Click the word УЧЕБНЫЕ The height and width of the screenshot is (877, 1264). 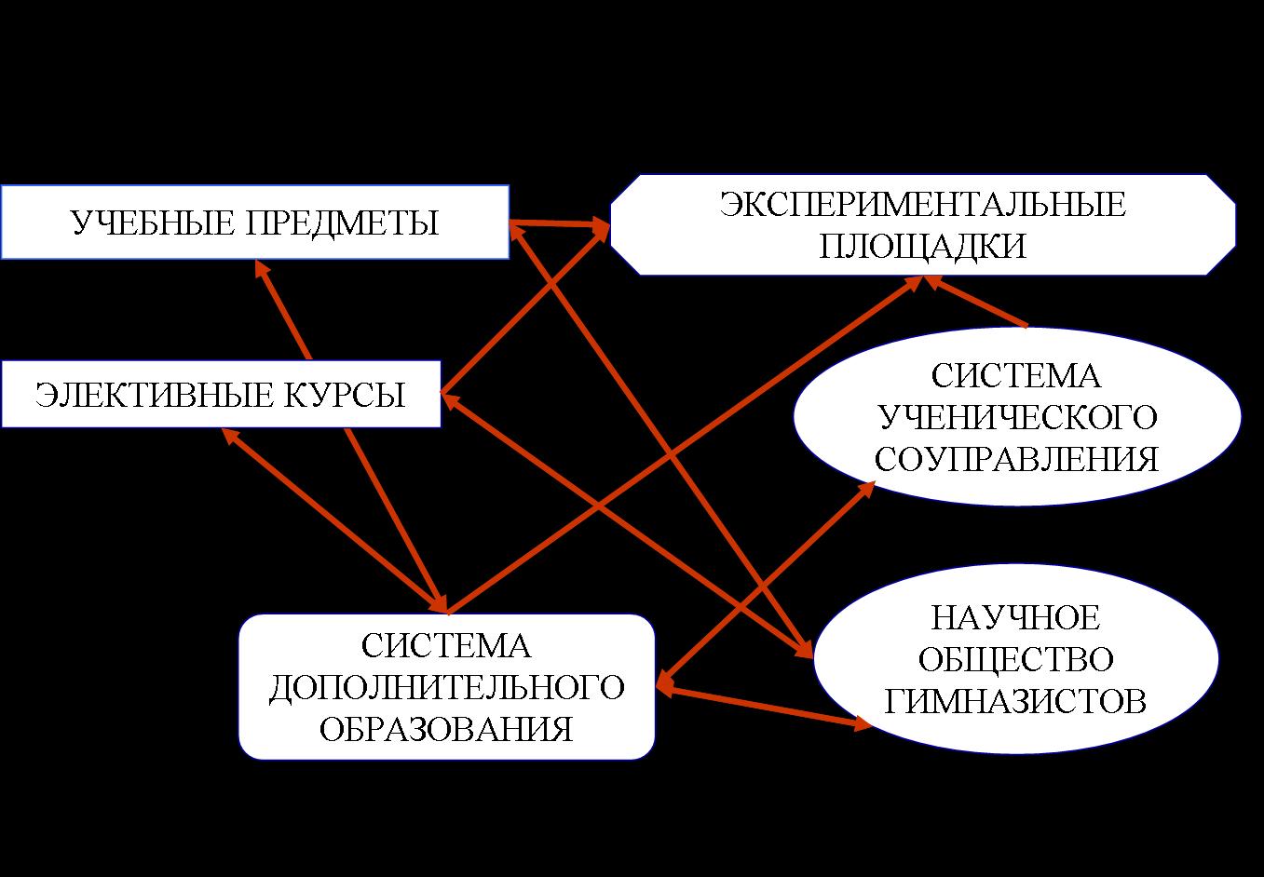click(152, 223)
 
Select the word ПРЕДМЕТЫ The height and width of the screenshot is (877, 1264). click(342, 223)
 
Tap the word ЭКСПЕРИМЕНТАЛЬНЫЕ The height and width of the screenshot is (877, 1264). click(923, 204)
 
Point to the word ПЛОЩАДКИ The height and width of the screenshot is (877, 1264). click(922, 247)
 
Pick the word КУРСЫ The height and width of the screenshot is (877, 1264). click(345, 395)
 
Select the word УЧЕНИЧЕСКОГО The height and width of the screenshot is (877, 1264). click(1018, 418)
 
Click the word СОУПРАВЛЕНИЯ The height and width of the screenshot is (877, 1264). click(1016, 460)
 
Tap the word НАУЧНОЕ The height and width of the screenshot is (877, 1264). click(1015, 617)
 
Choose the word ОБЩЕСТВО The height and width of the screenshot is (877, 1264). click(1015, 660)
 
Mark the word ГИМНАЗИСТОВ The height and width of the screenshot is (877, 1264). click(1015, 702)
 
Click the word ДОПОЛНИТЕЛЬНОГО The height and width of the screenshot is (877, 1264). click(447, 687)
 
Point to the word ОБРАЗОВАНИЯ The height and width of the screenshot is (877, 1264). click(446, 729)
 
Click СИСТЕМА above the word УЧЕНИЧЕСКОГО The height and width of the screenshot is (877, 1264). click(1015, 375)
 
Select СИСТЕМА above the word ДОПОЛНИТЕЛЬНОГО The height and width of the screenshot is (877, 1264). click(446, 646)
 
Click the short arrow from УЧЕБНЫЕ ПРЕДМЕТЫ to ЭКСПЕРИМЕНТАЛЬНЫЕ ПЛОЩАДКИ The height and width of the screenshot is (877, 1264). click(560, 223)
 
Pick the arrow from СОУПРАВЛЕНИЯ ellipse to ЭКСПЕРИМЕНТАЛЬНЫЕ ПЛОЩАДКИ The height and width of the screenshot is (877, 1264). click(975, 301)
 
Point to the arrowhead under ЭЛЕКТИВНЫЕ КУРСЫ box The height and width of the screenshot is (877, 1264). click(230, 436)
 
